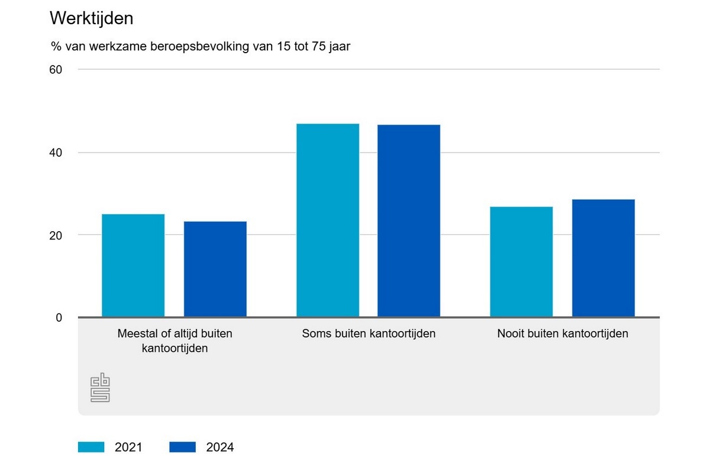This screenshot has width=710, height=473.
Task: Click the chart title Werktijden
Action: click(91, 18)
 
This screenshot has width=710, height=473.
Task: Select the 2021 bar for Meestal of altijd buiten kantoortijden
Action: click(133, 265)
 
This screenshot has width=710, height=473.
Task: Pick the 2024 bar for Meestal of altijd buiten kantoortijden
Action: click(215, 269)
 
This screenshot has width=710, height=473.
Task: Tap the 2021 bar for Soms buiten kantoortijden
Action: click(328, 220)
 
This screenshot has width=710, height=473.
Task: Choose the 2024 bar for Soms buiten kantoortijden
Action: click(409, 221)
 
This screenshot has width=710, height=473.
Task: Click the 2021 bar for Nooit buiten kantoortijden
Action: click(521, 261)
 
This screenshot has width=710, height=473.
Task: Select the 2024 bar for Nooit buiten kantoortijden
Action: click(603, 258)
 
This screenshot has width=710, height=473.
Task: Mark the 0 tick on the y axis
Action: click(59, 318)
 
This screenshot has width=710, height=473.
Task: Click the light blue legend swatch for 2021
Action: click(91, 447)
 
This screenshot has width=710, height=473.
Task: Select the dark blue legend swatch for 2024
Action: click(182, 447)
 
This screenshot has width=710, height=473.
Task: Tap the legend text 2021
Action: click(128, 448)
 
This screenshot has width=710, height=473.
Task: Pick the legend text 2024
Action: click(220, 448)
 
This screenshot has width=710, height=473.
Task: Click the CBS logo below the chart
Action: click(100, 388)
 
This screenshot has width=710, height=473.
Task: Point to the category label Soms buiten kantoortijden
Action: click(369, 333)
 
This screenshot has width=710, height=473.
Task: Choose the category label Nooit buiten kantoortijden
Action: click(562, 333)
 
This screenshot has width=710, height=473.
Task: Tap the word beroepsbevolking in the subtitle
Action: click(190, 47)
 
